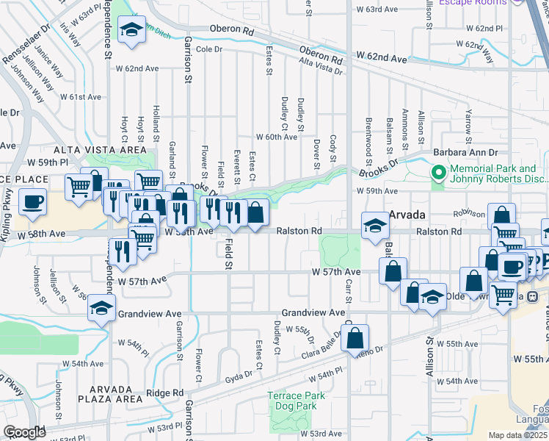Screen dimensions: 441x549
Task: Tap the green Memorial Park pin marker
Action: (439, 174)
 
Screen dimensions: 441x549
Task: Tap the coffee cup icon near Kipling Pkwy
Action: (32, 201)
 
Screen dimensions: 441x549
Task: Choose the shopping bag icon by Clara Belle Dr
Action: (355, 338)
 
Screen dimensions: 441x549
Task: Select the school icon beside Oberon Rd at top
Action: (131, 29)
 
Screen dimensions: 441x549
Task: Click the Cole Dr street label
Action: (208, 49)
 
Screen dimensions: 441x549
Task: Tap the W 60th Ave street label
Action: (276, 137)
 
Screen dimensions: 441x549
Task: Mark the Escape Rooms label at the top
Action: (473, 3)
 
